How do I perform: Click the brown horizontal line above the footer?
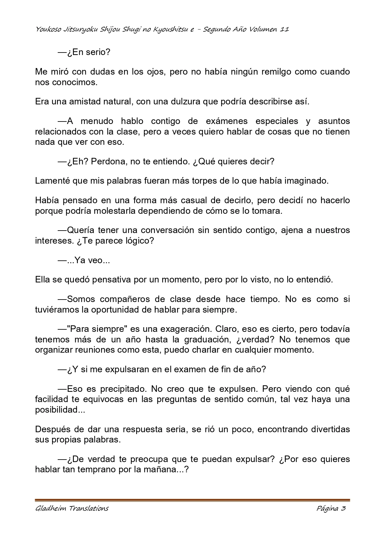click(x=192, y=500)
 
